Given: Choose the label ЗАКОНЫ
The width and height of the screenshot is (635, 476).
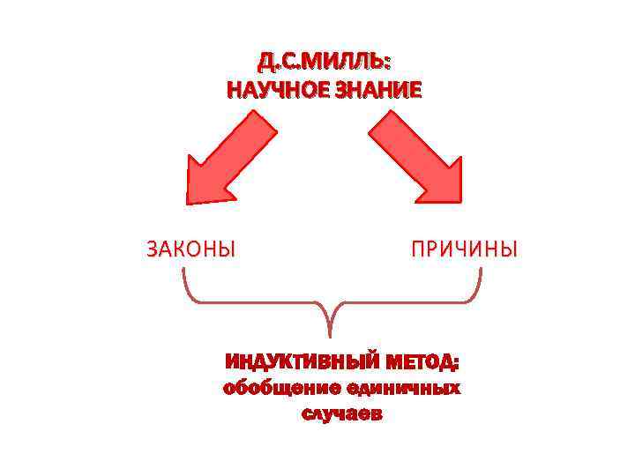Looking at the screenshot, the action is [190, 249].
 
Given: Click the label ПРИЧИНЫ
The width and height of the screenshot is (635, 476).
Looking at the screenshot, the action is [464, 249].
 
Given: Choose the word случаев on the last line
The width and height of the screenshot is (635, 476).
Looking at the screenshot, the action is [342, 414].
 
